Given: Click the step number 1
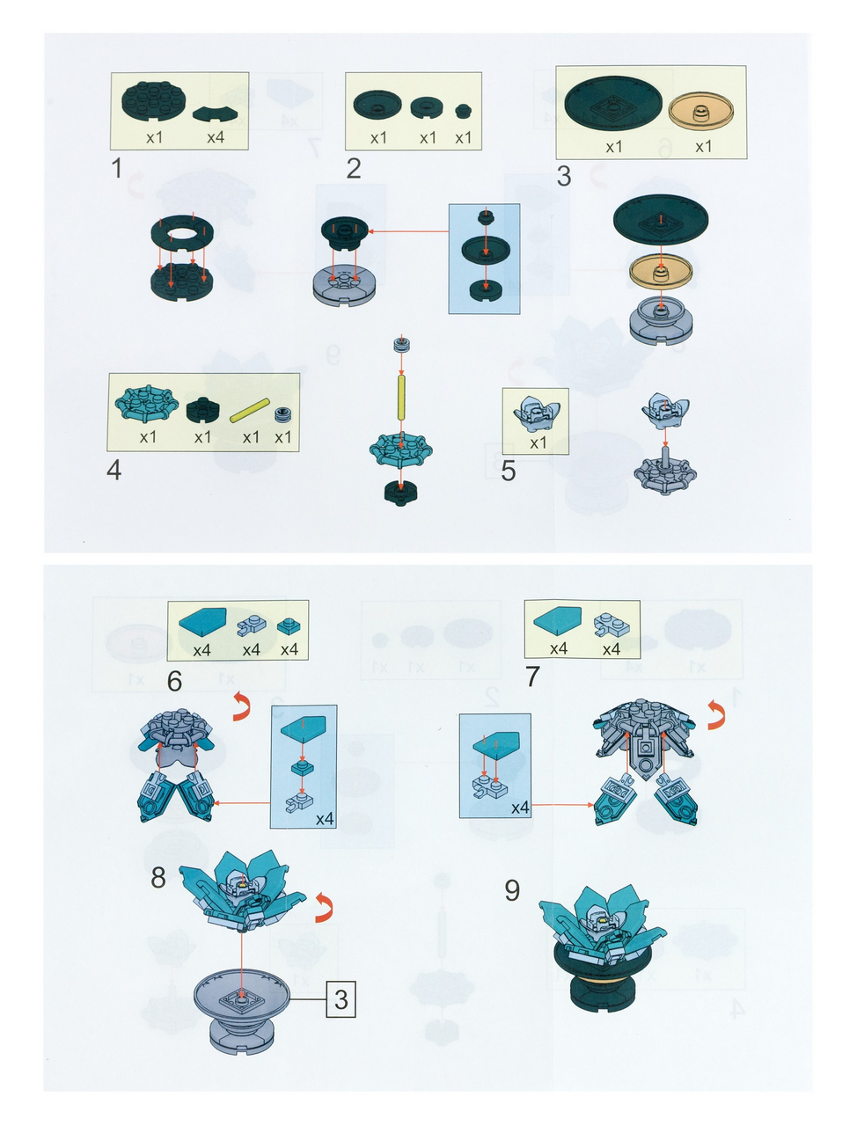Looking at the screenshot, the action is tap(117, 168).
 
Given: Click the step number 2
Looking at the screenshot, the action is tap(354, 168).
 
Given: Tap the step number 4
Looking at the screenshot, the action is tap(114, 470).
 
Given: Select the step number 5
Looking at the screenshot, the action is tap(508, 471).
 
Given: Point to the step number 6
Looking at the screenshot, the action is tap(174, 681).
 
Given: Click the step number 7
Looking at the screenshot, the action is tap(532, 676).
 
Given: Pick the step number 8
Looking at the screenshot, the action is tap(158, 878).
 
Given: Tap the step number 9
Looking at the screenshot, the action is tap(512, 890).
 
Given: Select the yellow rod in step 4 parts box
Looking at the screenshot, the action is tap(250, 410).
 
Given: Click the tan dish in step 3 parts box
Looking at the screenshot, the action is tap(701, 110).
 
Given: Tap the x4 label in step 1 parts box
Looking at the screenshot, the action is tap(216, 137).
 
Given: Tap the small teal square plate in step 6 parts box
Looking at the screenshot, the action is tap(289, 625).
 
